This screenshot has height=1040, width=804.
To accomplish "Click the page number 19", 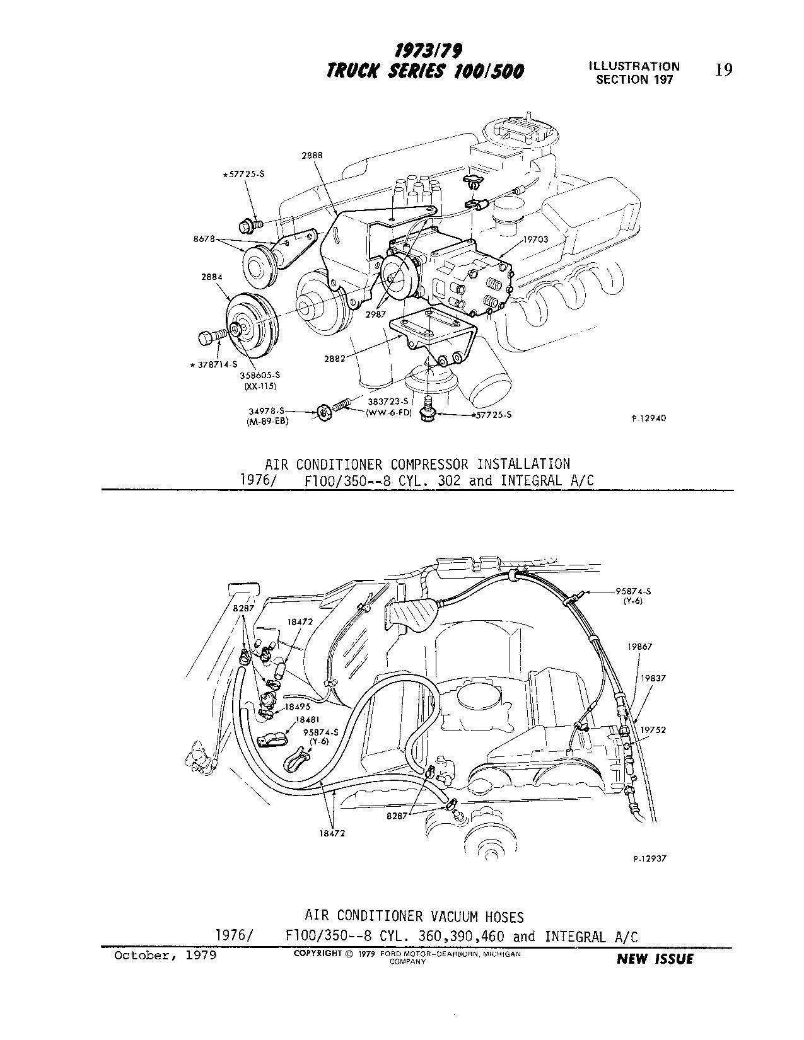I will [x=724, y=70].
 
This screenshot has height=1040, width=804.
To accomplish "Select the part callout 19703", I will [x=535, y=240].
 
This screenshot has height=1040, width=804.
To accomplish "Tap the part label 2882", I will [x=334, y=359].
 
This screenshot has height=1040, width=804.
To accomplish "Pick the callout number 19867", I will [x=639, y=647].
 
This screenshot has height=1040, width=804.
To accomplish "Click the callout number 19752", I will [x=653, y=730].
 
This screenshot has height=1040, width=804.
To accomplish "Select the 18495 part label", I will [x=297, y=707].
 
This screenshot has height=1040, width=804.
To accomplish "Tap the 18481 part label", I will [x=306, y=719].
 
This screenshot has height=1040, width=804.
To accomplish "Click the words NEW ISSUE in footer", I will [x=655, y=959].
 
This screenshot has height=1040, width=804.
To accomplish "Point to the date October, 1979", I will [x=165, y=956].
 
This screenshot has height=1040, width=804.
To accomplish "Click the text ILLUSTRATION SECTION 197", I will [x=634, y=72].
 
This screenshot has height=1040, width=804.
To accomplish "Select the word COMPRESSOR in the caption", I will [x=429, y=465].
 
